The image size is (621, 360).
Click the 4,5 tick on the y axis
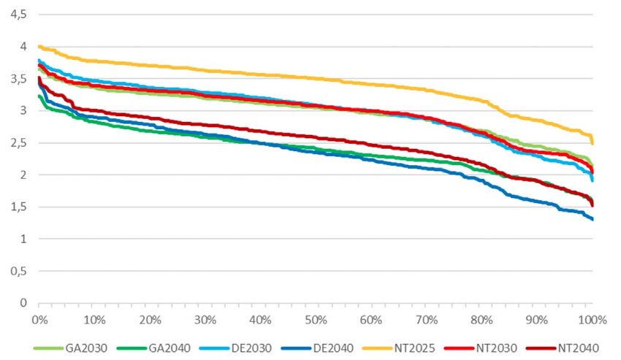[18, 14]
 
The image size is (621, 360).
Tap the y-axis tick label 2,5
[18, 142]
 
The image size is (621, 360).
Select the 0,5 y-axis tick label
[18, 271]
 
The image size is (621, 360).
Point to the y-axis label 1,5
[18, 207]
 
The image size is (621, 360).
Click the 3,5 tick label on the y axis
[18, 78]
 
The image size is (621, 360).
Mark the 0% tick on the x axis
[39, 319]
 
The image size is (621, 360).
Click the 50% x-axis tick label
[316, 319]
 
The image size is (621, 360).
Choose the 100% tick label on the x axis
[591, 319]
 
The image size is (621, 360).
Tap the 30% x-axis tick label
[205, 319]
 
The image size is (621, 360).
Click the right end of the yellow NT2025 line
[593, 143]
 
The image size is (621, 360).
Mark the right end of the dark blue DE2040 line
[593, 219]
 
